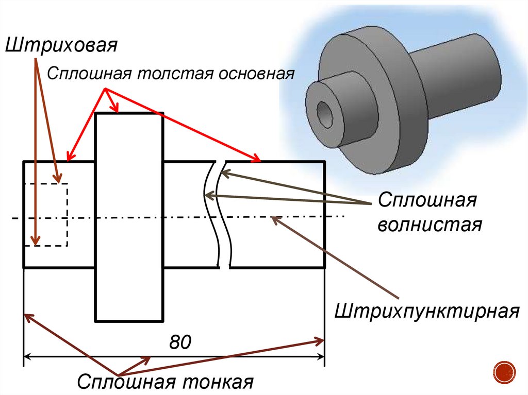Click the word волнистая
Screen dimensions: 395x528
click(430, 225)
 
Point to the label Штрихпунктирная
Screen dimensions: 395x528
click(426, 311)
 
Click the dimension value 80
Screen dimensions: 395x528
click(180, 341)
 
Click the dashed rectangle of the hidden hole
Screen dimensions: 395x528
click(46, 214)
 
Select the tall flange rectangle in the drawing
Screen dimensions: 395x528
click(129, 216)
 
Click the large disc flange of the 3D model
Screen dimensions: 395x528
click(392, 103)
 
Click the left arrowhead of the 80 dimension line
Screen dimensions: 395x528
click(28, 355)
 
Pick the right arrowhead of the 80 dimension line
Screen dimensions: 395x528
click(321, 355)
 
